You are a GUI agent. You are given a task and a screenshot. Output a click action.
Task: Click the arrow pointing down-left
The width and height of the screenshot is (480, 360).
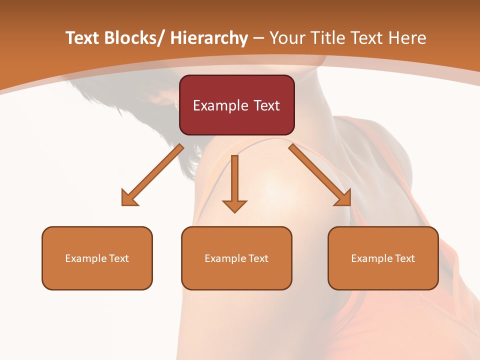tap(155, 173)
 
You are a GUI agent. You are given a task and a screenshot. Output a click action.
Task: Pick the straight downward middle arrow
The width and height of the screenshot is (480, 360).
tap(234, 180)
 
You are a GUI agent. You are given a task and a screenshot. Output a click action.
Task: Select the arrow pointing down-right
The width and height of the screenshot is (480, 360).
tap(318, 173)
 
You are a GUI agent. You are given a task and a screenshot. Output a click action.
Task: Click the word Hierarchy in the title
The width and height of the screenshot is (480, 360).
tap(209, 38)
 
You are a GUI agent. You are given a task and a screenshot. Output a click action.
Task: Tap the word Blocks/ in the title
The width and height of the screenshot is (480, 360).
tap(134, 38)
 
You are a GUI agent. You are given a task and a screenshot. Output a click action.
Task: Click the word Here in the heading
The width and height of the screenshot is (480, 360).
tap(407, 38)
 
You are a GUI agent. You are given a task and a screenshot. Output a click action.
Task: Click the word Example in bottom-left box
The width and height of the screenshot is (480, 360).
tap(83, 258)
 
